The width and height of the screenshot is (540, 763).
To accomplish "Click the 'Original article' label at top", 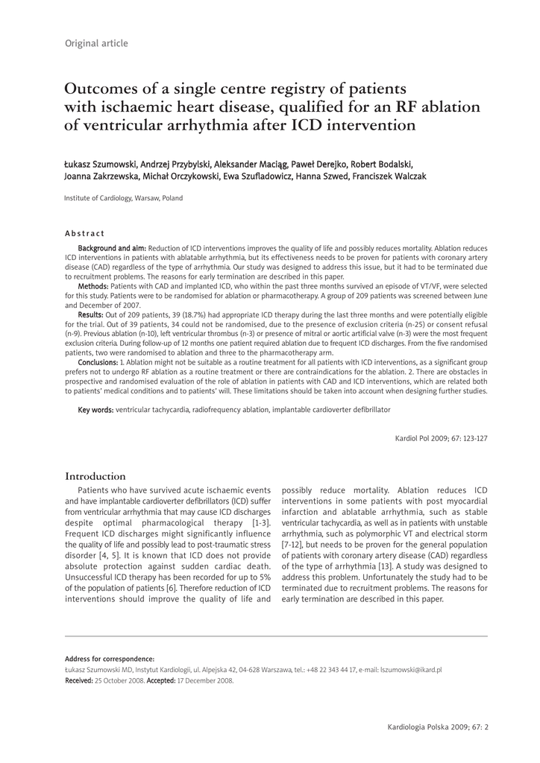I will coord(96,43).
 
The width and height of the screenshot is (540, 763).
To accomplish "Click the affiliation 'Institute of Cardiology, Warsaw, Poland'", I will coord(123,198).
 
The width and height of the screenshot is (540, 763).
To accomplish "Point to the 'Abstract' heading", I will coord(84,233).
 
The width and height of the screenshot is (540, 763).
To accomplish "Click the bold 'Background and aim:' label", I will coord(112,248).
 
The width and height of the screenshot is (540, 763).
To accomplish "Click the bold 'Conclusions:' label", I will coord(98,362).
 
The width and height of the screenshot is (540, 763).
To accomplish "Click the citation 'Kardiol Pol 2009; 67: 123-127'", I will coord(441,438).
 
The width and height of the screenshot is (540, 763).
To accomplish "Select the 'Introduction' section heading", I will coord(95,476).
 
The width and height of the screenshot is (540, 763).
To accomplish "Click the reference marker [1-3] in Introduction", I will coord(259,523).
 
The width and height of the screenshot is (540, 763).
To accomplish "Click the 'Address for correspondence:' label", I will coord(110,659).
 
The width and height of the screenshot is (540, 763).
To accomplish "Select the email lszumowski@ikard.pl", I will coord(411,670).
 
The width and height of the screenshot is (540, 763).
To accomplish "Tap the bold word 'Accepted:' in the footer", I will coord(161,680).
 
